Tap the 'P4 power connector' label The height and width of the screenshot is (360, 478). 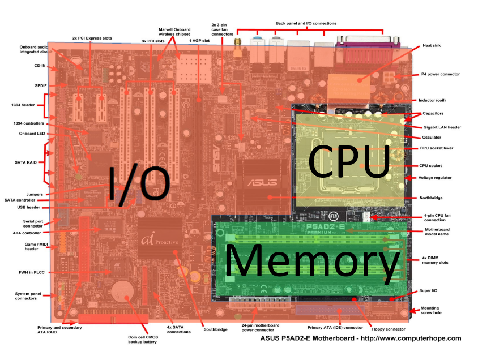click(440, 74)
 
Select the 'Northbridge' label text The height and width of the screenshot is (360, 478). click(432, 198)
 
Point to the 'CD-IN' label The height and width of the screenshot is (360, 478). click(40, 66)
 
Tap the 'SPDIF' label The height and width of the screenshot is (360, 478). click(41, 85)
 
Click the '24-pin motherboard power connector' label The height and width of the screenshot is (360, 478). click(257, 329)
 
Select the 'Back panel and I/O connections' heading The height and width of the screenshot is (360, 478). click(306, 23)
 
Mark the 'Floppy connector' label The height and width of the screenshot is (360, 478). click(388, 329)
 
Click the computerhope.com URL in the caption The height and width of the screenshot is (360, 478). click(413, 338)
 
